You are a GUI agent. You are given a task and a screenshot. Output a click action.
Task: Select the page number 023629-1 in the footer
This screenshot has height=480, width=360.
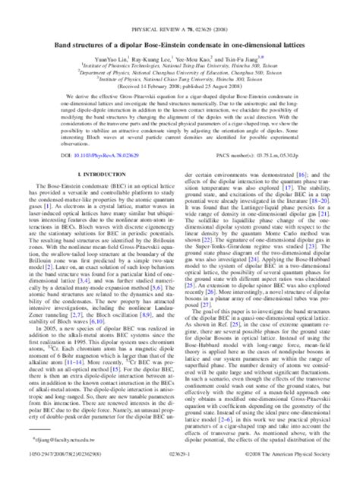[x=180, y=470]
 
